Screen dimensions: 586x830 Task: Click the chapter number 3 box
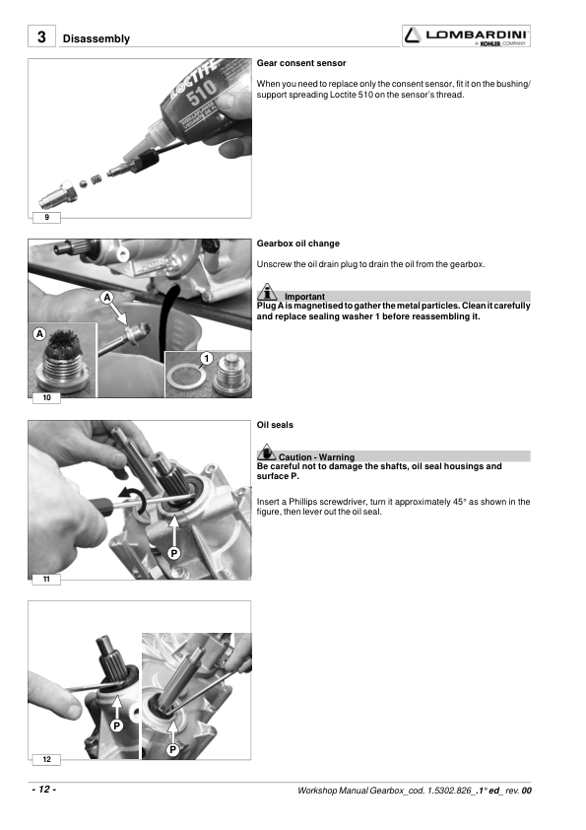coord(41,36)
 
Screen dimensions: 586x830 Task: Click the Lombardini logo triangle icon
coord(413,35)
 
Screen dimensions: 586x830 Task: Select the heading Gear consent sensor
coord(301,63)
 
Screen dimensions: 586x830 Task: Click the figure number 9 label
coord(46,217)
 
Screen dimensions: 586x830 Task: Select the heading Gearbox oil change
coord(297,243)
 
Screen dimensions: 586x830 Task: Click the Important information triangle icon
coord(267,292)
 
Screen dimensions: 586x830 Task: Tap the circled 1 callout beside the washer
coord(206,359)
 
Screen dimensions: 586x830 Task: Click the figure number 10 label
coord(46,397)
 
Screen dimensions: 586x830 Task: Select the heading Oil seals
coord(275,425)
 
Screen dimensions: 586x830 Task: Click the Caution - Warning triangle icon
coord(267,452)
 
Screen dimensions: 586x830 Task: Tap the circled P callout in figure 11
coord(173,553)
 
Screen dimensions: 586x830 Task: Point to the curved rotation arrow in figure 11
coord(133,497)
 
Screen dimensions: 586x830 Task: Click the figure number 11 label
coord(46,579)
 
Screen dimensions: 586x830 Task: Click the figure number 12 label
coord(46,760)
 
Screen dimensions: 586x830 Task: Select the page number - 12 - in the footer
coord(43,790)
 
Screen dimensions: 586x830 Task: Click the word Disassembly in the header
coord(97,38)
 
